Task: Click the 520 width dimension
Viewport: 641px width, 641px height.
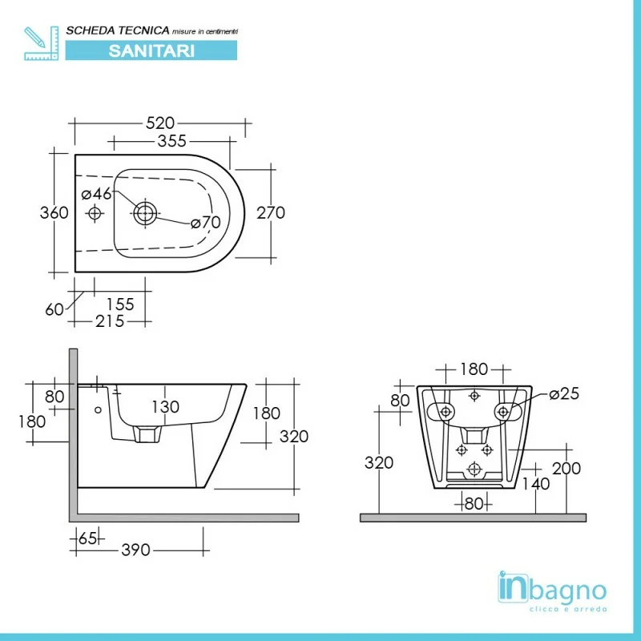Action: point(160,123)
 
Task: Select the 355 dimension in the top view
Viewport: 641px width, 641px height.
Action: point(172,141)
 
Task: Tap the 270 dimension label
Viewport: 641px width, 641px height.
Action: point(271,212)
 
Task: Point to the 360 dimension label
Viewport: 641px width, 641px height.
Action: point(54,212)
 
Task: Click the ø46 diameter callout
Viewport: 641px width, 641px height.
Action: point(96,194)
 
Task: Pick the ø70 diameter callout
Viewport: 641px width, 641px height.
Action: point(206,223)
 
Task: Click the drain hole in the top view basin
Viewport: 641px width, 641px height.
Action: point(145,213)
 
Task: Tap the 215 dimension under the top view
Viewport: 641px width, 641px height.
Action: point(110,321)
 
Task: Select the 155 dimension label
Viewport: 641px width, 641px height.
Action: point(120,304)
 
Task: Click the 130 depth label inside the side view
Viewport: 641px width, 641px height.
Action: point(166,407)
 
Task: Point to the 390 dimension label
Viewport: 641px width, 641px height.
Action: point(135,550)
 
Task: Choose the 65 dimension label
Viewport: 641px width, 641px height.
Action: point(87,538)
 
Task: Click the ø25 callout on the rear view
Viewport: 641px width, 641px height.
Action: point(565,393)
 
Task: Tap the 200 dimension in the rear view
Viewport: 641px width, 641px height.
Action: point(566,469)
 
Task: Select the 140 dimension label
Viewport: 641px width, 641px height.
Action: point(536,484)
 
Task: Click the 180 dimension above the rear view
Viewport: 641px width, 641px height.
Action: point(474,369)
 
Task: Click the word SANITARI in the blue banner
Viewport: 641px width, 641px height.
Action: point(151,50)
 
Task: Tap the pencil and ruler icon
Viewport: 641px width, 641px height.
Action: point(42,43)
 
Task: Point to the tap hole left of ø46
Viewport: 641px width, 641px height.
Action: point(95,213)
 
